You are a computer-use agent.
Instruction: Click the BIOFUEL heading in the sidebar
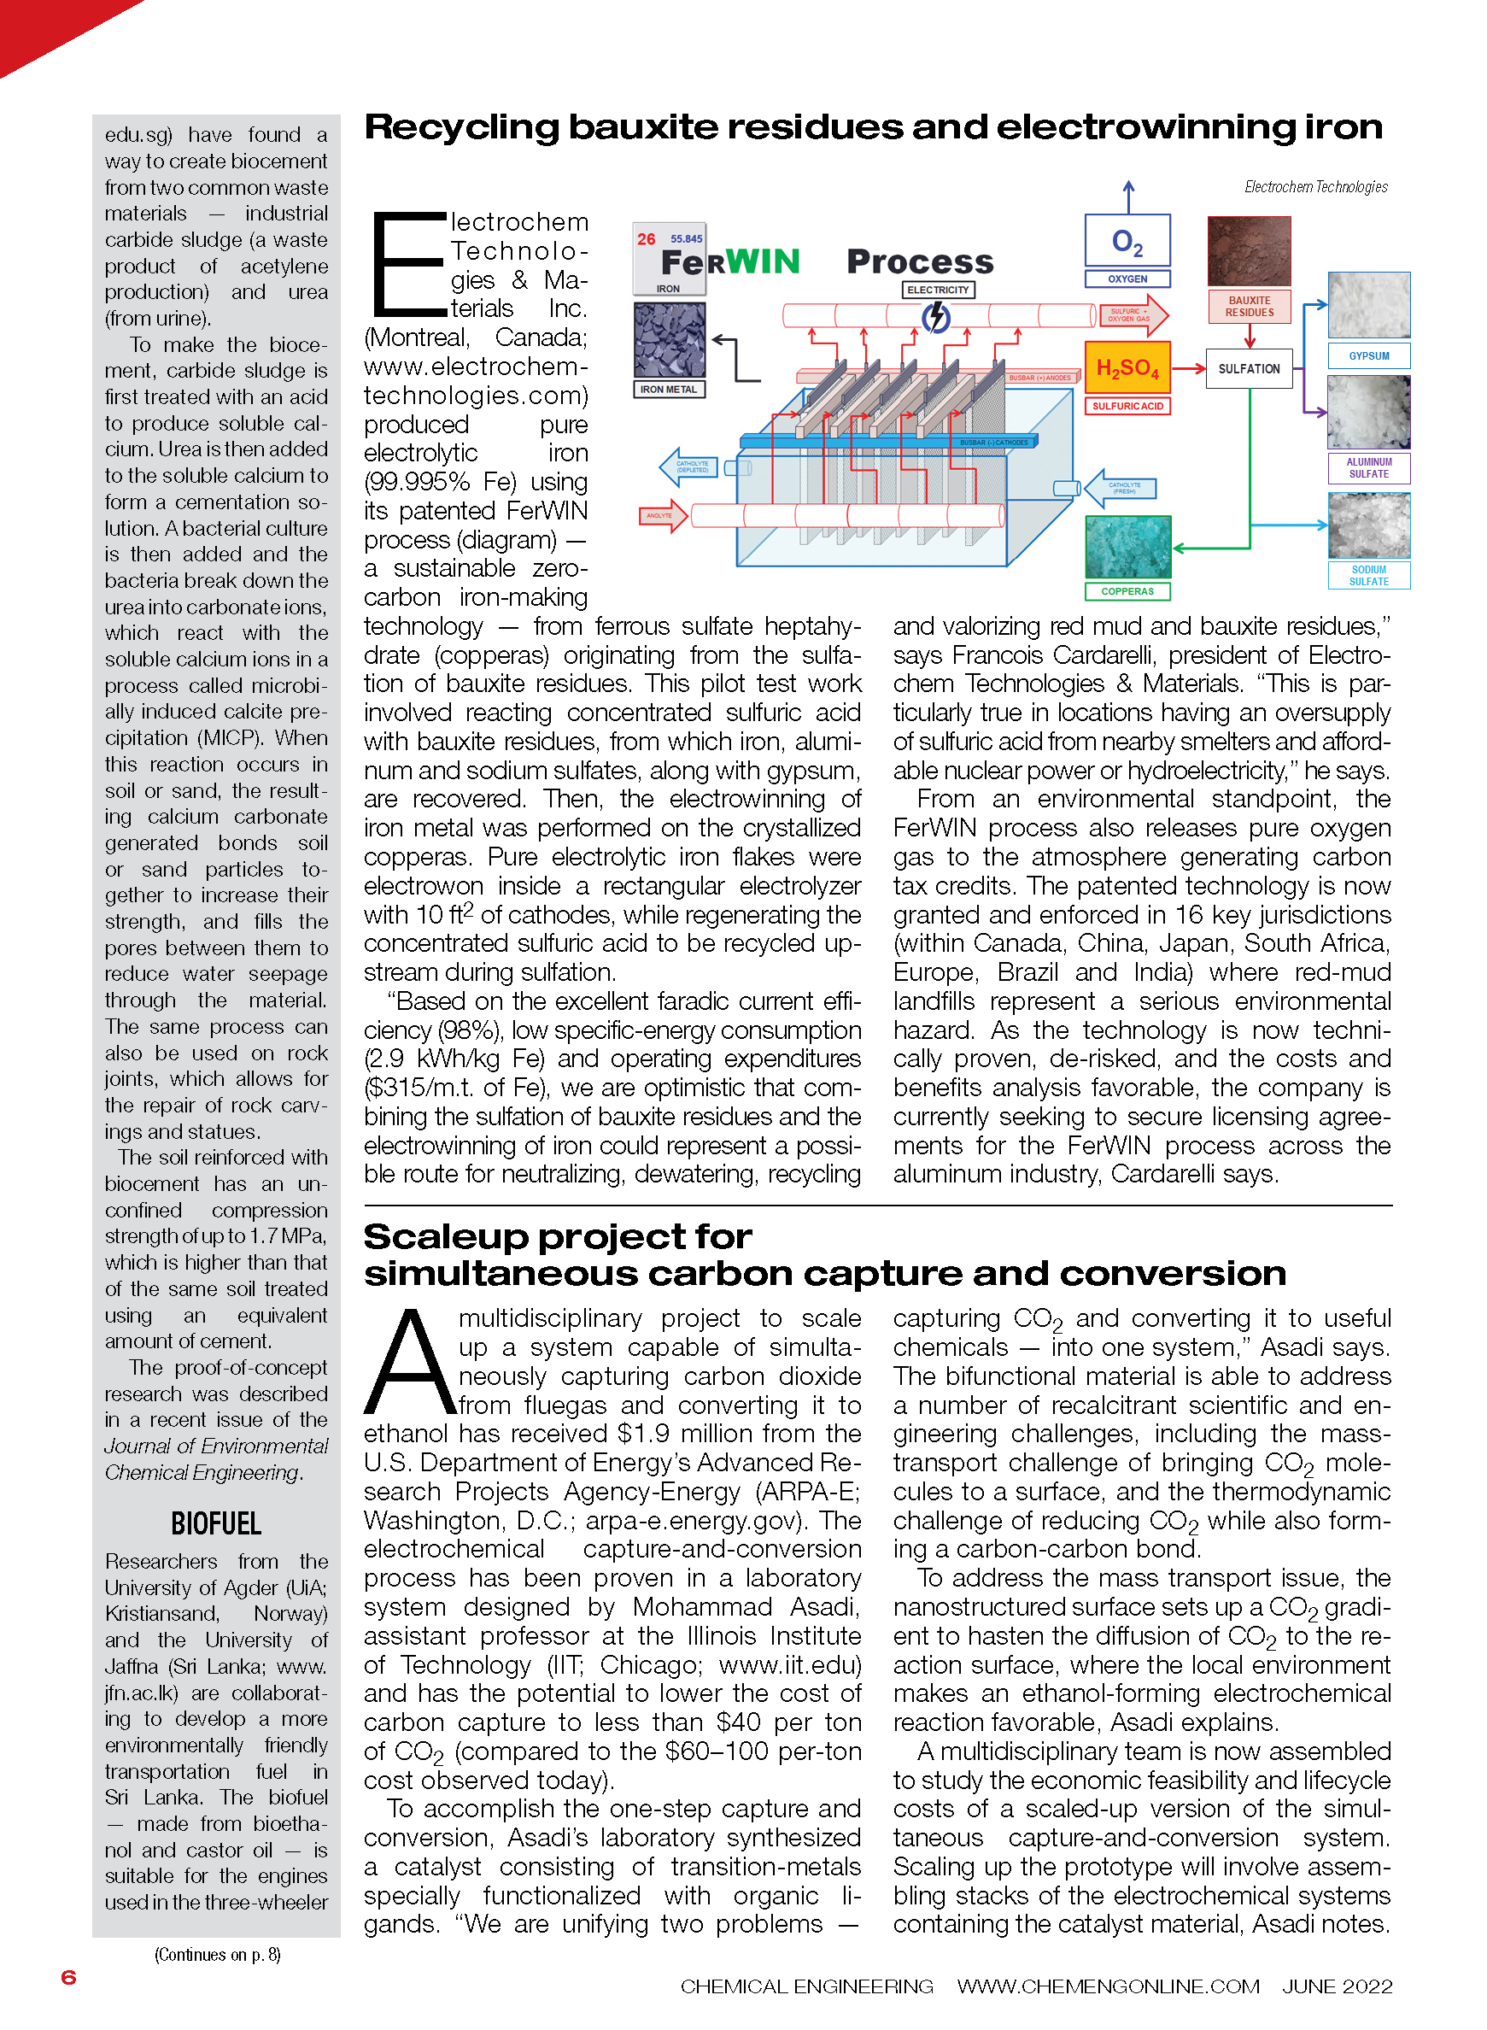pyautogui.click(x=216, y=1524)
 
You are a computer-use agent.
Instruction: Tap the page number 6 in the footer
pyautogui.click(x=68, y=1977)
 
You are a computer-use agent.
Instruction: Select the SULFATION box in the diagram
pyautogui.click(x=1249, y=369)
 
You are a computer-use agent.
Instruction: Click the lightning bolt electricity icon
pyautogui.click(x=937, y=317)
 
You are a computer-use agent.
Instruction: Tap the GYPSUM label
pyautogui.click(x=1368, y=356)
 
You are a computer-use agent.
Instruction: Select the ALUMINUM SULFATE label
pyautogui.click(x=1368, y=468)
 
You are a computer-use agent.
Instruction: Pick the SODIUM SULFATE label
pyautogui.click(x=1368, y=576)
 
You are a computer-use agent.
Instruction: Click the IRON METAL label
pyautogui.click(x=668, y=390)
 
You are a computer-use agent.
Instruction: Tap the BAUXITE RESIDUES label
pyautogui.click(x=1249, y=307)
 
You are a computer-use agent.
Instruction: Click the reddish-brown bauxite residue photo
pyautogui.click(x=1249, y=251)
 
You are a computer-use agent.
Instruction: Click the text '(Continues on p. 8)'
pyautogui.click(x=217, y=1954)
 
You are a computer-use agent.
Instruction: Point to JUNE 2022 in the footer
pyautogui.click(x=1337, y=1986)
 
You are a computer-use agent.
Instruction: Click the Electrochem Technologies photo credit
pyautogui.click(x=1315, y=187)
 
